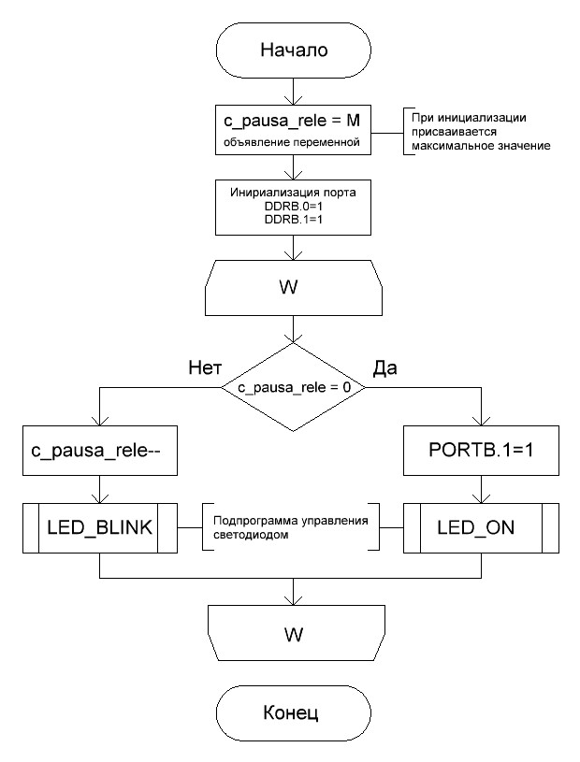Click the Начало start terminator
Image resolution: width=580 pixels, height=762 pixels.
tap(294, 50)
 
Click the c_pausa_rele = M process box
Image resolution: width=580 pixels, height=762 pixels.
tap(294, 132)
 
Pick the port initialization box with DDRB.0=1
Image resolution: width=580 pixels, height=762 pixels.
tap(294, 207)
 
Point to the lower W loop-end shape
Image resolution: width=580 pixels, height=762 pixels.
tap(294, 633)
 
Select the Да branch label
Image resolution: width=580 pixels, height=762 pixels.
tap(384, 367)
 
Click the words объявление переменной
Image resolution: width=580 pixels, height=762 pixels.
tap(294, 145)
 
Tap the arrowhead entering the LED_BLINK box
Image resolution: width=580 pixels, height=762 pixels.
tap(98, 500)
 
